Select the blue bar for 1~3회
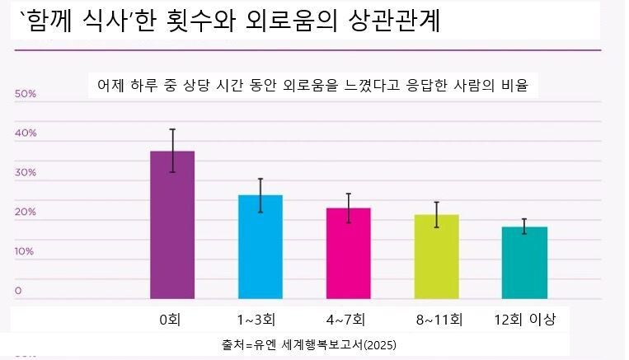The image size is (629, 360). [x=261, y=247]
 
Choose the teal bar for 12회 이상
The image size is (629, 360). [x=524, y=263]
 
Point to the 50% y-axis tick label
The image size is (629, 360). [x=26, y=95]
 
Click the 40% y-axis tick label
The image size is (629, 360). [x=26, y=133]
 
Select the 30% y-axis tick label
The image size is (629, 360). [x=26, y=173]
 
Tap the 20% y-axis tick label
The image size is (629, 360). [x=26, y=213]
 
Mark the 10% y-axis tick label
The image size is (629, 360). [x=26, y=251]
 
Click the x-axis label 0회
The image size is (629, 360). [x=171, y=319]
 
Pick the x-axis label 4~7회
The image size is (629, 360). [x=345, y=319]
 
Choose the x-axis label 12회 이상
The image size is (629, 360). [x=525, y=319]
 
